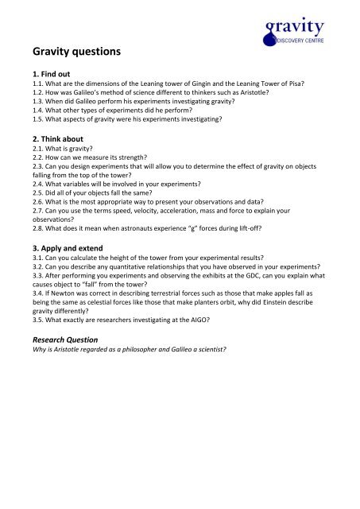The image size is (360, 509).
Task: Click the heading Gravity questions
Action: click(66, 53)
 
